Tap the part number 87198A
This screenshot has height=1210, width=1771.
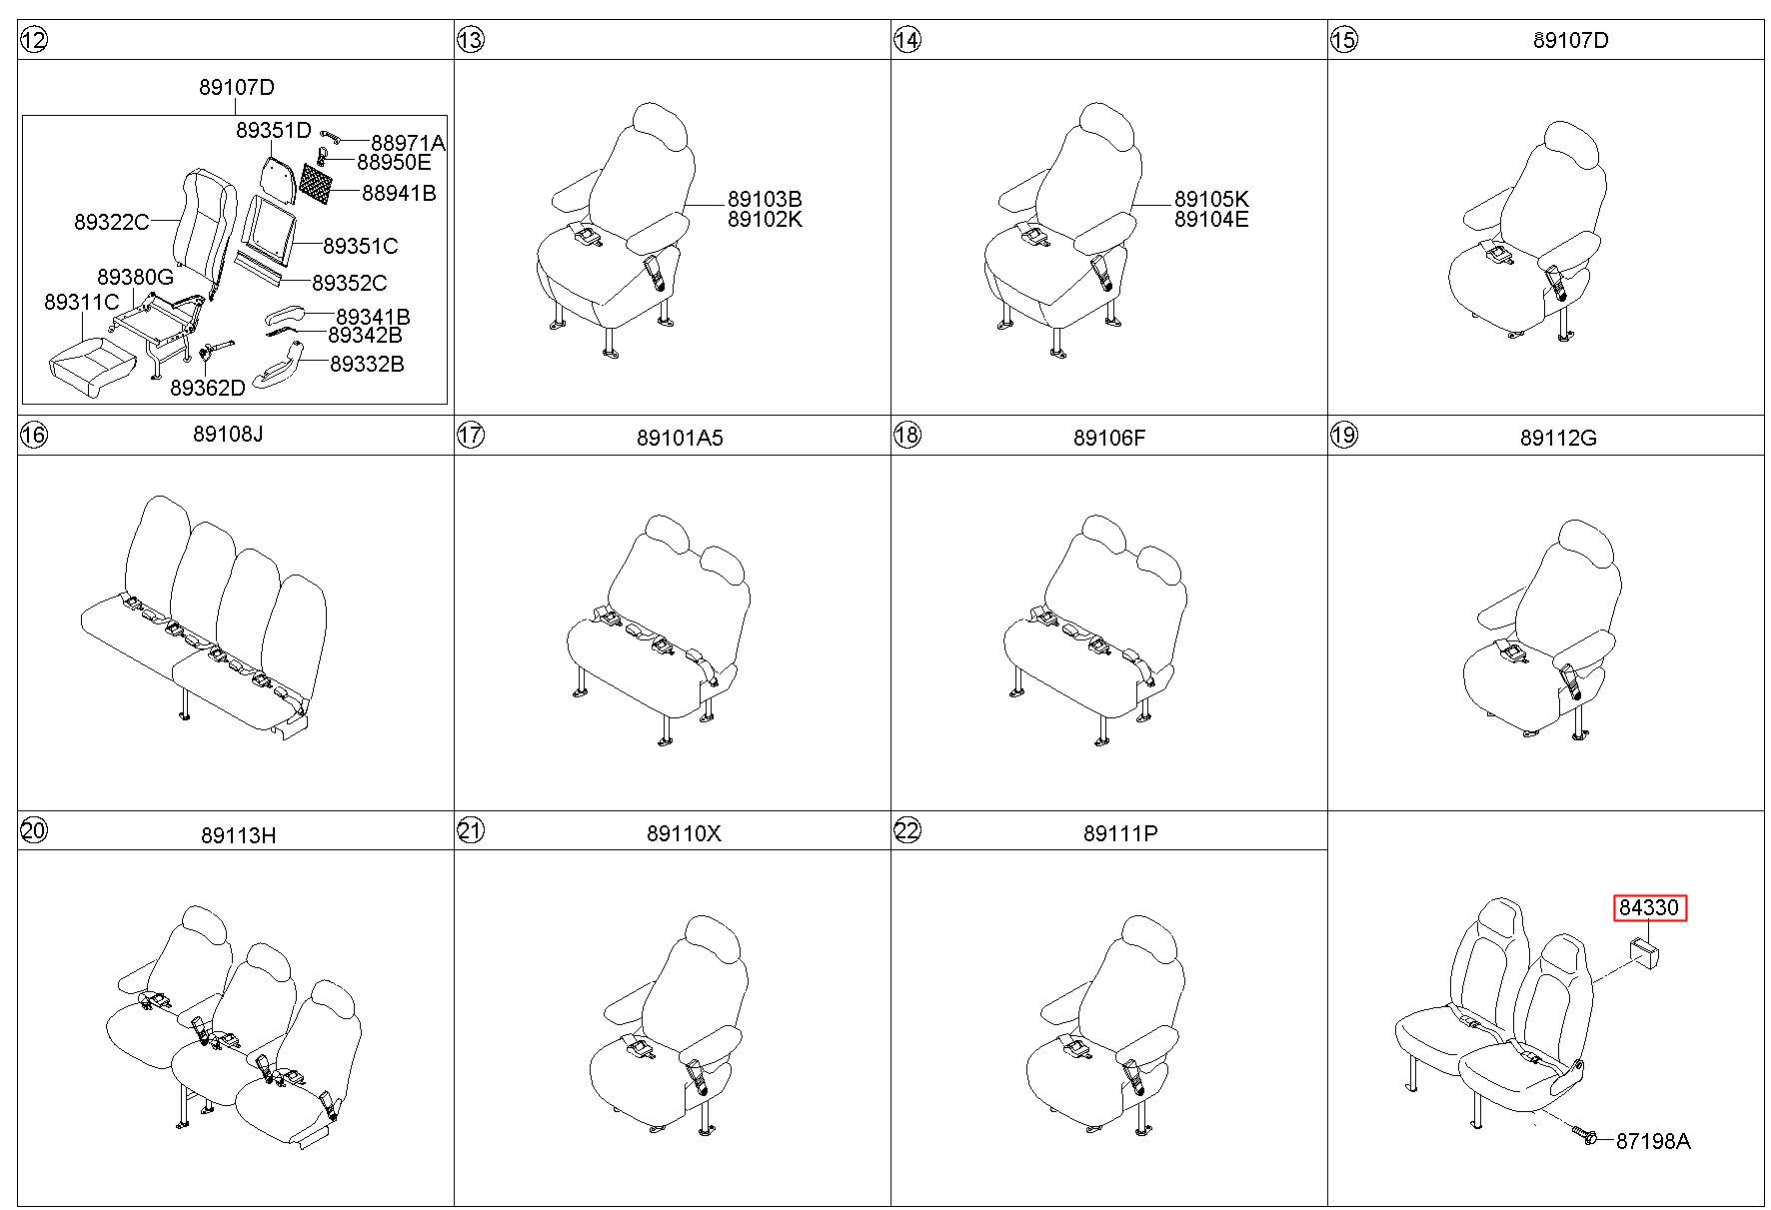1653,1141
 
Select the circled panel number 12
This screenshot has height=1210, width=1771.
33,40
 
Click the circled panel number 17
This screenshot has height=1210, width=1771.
470,436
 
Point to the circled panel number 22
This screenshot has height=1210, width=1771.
906,831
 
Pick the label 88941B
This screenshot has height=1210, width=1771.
399,193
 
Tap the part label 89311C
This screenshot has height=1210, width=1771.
81,302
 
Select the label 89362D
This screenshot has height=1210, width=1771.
208,388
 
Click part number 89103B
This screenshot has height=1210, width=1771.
765,199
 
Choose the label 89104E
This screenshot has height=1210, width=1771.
1211,219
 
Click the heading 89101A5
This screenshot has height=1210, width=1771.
680,438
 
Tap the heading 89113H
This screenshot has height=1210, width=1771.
238,835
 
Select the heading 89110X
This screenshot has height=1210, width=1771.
684,833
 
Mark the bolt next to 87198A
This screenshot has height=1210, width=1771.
1583,1136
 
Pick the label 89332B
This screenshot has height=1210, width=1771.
368,365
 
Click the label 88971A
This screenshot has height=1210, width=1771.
408,144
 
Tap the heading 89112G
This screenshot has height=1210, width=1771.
1558,438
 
